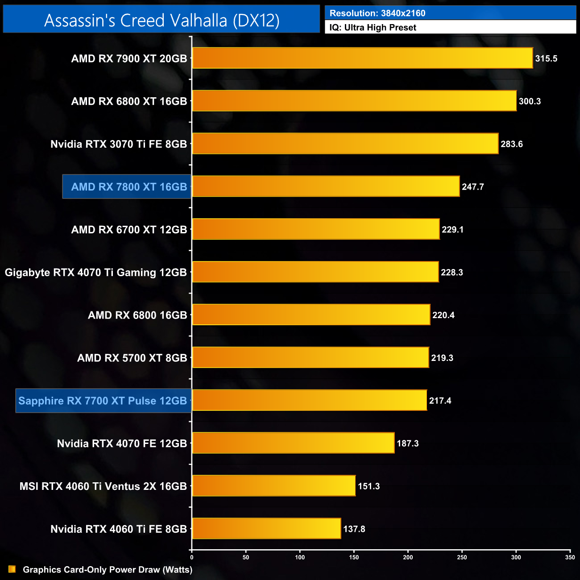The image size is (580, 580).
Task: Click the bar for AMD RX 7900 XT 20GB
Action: pyautogui.click(x=362, y=58)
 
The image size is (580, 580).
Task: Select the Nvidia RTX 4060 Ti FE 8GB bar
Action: pyautogui.click(x=266, y=529)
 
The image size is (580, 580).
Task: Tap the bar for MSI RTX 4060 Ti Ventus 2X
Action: pyautogui.click(x=273, y=486)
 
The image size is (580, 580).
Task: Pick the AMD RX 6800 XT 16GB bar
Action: pyautogui.click(x=354, y=101)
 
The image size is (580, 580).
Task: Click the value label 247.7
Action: pyautogui.click(x=473, y=187)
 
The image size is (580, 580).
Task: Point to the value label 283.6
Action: pyautogui.click(x=512, y=144)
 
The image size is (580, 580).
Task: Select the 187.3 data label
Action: pyautogui.click(x=408, y=443)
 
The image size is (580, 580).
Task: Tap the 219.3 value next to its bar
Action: pyautogui.click(x=442, y=358)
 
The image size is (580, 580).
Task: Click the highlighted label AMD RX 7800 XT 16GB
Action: pyautogui.click(x=128, y=187)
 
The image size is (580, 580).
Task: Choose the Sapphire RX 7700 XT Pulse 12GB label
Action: pyautogui.click(x=103, y=401)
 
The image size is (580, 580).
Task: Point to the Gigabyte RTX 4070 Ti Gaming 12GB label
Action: pyautogui.click(x=95, y=272)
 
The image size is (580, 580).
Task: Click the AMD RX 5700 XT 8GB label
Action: pyautogui.click(x=132, y=358)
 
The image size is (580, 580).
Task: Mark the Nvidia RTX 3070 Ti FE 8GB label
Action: pyautogui.click(x=119, y=144)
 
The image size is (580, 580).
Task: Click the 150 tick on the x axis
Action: pyautogui.click(x=354, y=557)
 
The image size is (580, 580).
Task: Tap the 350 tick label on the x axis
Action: pyautogui.click(x=570, y=557)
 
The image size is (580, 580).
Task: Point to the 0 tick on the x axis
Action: pyautogui.click(x=192, y=557)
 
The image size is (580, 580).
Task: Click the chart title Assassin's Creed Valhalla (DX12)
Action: pyautogui.click(x=162, y=20)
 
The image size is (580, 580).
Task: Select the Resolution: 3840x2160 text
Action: pyautogui.click(x=377, y=13)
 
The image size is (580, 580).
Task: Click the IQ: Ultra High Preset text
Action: pyautogui.click(x=373, y=28)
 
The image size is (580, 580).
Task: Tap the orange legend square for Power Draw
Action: pyautogui.click(x=12, y=569)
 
